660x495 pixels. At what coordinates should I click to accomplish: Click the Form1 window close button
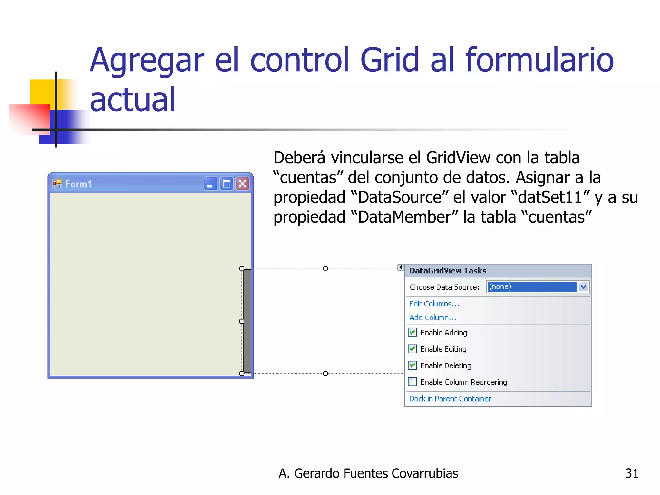coord(242,184)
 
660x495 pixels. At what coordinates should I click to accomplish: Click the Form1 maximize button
coord(227,184)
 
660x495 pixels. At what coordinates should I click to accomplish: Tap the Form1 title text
coord(79,184)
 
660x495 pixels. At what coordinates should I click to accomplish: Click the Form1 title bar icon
coord(57,184)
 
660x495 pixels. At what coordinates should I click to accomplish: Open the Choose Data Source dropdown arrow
coord(583,287)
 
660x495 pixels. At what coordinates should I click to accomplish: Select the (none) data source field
coord(532,287)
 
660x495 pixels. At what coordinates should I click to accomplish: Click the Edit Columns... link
coord(434,304)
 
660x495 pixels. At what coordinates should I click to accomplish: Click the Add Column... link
coord(432,317)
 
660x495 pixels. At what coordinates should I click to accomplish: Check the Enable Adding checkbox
coord(412,332)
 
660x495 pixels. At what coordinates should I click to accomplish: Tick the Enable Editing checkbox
coord(412,349)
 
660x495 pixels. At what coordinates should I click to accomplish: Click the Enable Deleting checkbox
coord(412,365)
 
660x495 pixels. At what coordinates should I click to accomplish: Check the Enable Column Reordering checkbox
coord(412,382)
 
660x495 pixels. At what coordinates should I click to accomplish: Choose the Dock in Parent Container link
coord(450,399)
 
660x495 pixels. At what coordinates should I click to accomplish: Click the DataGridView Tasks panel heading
coord(448,271)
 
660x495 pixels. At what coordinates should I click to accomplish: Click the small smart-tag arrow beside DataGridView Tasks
coord(401,267)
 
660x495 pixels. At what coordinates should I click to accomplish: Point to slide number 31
coord(631,473)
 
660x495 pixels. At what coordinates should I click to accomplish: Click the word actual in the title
coord(132,100)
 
